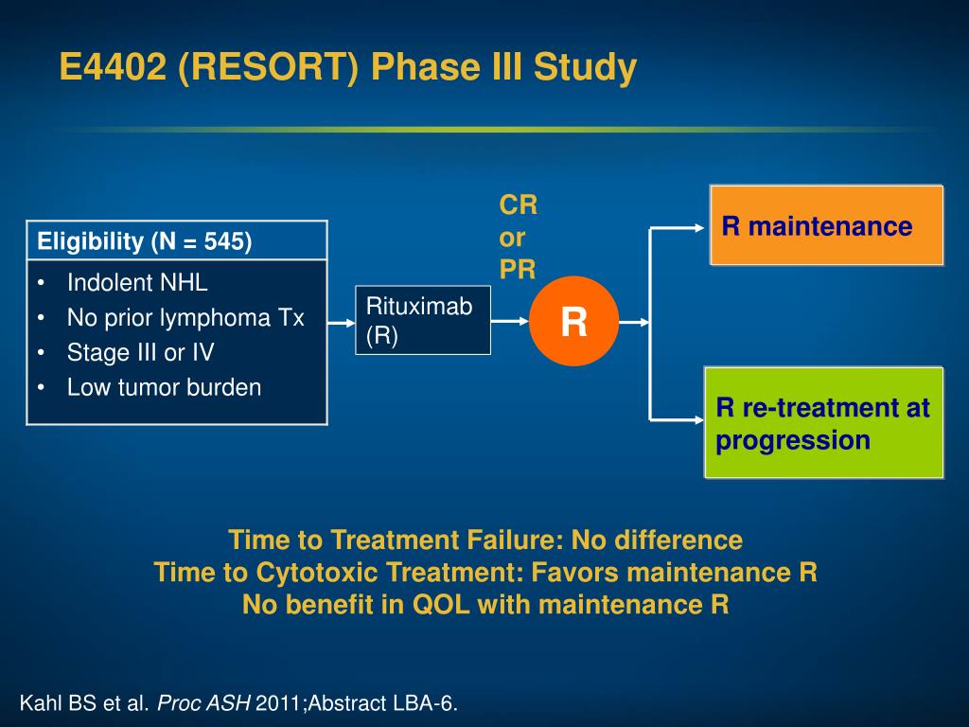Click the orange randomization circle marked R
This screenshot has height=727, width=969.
point(573,322)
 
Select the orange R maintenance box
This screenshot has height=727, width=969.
point(827,225)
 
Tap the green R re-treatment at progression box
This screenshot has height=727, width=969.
point(824,423)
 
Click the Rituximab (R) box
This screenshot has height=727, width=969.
point(423,320)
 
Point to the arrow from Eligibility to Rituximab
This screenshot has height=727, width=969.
point(341,323)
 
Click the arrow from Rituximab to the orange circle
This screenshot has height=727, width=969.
point(510,321)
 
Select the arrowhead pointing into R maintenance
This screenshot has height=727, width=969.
point(699,228)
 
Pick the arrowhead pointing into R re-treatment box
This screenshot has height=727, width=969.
point(699,420)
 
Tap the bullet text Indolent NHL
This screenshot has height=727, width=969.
point(137,282)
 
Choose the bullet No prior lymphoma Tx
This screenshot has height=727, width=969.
point(185,318)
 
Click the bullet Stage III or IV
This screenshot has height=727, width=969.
point(140,352)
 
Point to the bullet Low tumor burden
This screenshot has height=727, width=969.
point(164,387)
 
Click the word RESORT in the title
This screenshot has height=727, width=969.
point(268,66)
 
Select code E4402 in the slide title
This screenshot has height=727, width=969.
point(113,66)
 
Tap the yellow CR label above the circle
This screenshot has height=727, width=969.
point(519,205)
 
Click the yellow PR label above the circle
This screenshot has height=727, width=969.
point(518,270)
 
